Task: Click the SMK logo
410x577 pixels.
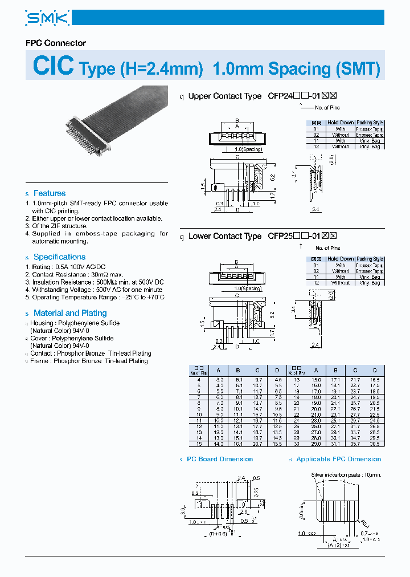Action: pyautogui.click(x=47, y=18)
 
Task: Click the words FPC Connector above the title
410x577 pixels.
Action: pyautogui.click(x=56, y=43)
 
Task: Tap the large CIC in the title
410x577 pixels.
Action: pyautogui.click(x=54, y=66)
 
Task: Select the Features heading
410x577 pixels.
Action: pyautogui.click(x=49, y=193)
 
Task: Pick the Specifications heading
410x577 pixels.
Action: pyautogui.click(x=59, y=257)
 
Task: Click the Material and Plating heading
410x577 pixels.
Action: pyautogui.click(x=70, y=313)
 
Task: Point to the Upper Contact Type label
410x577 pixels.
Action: pyautogui.click(x=224, y=96)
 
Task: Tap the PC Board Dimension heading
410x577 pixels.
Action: pyautogui.click(x=220, y=459)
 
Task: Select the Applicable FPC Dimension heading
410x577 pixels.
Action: pyautogui.click(x=339, y=459)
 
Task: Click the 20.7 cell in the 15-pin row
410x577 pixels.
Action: pyautogui.click(x=257, y=443)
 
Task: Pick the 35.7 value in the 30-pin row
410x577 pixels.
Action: pyautogui.click(x=355, y=443)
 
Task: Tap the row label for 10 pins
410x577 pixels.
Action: pyautogui.click(x=199, y=414)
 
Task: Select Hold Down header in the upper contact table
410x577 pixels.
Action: pyautogui.click(x=340, y=123)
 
